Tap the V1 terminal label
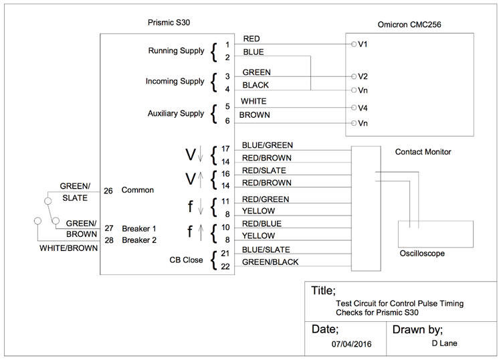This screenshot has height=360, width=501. pos(363,44)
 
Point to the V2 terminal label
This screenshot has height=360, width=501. pos(363,76)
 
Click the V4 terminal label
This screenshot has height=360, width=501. pos(363,108)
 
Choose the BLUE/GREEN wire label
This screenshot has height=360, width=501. pos(267,145)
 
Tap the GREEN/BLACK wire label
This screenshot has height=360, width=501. pos(270,262)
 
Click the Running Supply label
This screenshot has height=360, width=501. pos(176,51)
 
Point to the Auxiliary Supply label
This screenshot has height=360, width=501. pos(176,114)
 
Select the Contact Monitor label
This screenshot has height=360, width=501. pos(423,152)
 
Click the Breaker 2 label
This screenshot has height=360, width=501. pos(138,240)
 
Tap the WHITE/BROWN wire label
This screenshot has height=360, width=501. pos(68,248)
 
